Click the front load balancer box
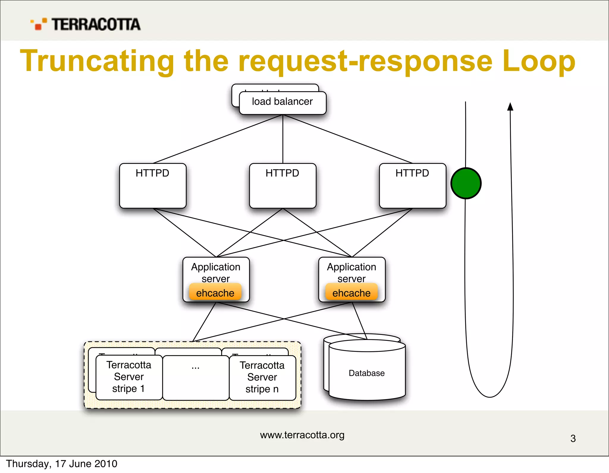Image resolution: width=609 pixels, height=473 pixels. coord(282,103)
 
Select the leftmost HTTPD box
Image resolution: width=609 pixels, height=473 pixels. coord(153,186)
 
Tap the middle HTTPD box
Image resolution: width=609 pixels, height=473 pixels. coord(282,186)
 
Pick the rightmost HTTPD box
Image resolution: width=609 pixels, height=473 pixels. coord(412,186)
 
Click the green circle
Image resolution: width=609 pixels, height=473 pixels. coord(466,183)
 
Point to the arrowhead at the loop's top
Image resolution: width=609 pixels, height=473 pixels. coord(510,107)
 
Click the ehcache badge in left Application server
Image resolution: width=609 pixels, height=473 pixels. coord(215,292)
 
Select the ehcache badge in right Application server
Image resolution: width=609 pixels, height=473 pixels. coord(351,292)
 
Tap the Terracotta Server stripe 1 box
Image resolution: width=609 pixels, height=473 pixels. coord(129,377)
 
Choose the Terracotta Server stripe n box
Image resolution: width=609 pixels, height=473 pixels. coord(262,377)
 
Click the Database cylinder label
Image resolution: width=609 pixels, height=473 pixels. coord(367,373)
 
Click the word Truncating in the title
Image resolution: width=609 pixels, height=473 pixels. coord(97,61)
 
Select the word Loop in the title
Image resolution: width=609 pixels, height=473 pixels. coord(539,61)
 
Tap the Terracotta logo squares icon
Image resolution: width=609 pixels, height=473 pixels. coord(39,24)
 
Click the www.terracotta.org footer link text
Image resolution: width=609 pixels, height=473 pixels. coord(302,435)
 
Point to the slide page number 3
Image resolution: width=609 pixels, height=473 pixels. coord(573,439)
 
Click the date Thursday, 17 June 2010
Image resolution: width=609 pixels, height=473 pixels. coord(62,464)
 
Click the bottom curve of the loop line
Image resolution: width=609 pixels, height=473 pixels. coord(490,397)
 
